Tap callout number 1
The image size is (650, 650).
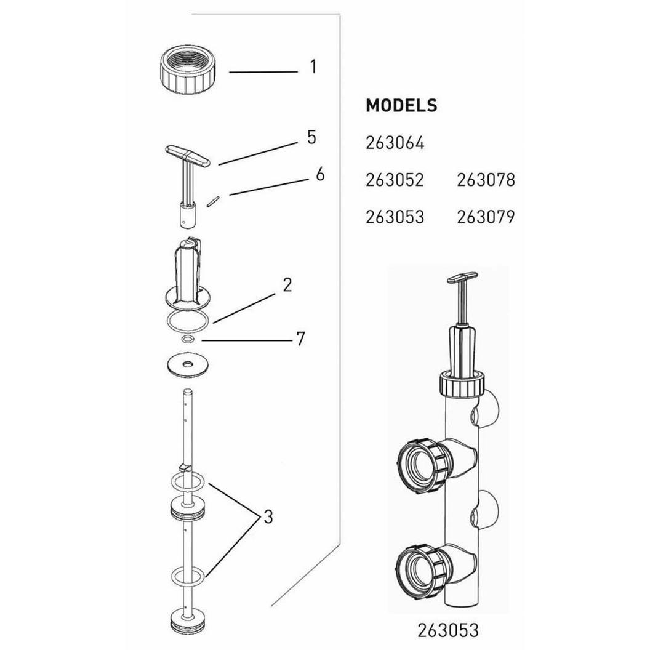pos(313,66)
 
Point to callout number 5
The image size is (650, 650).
pos(311,137)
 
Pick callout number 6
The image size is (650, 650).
pos(319,175)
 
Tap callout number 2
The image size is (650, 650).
pos(287,285)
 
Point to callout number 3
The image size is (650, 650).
pos(268,517)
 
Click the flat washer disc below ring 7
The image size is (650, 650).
pos(188,366)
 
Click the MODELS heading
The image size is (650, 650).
pos(401,106)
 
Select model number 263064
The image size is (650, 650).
pos(395,143)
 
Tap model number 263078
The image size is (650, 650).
pos(486,180)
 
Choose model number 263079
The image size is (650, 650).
pos(486,217)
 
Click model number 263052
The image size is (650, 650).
pos(395,180)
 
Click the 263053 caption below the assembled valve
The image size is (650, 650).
pos(447,630)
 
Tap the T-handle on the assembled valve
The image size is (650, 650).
pos(462,279)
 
